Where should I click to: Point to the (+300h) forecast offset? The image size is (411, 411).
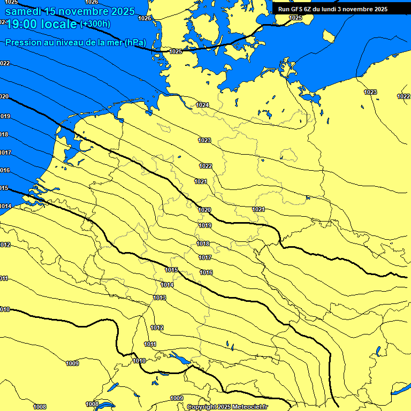tap(95, 24)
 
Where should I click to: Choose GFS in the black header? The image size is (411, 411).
tap(297, 9)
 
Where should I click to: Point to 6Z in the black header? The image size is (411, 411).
tap(309, 9)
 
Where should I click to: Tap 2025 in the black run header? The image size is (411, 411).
tap(380, 9)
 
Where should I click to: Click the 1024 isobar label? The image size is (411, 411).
tap(202, 105)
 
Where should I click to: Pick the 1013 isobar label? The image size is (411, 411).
tap(159, 298)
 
